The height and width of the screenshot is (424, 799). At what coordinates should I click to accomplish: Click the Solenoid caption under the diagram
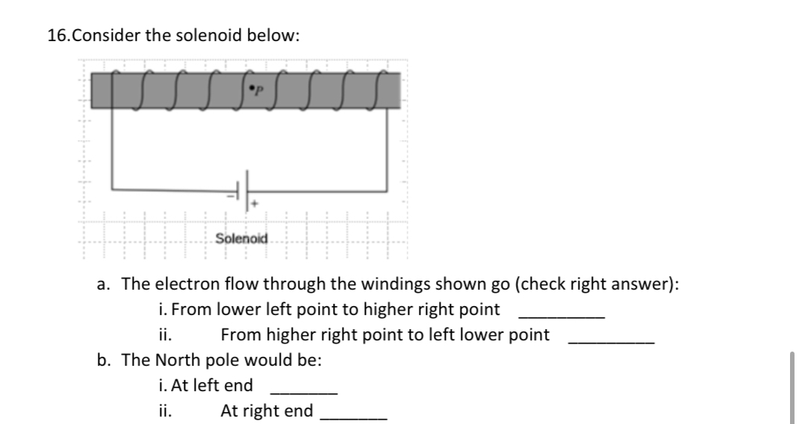[240, 239]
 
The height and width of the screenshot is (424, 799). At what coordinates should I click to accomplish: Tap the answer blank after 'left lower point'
[611, 340]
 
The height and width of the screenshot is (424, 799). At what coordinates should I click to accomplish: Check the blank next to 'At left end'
[304, 391]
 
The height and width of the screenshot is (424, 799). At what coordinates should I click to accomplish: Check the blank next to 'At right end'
[353, 417]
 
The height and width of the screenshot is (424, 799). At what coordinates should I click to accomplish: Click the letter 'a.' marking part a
[105, 284]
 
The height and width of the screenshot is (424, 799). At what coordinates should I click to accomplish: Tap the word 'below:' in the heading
[278, 36]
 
